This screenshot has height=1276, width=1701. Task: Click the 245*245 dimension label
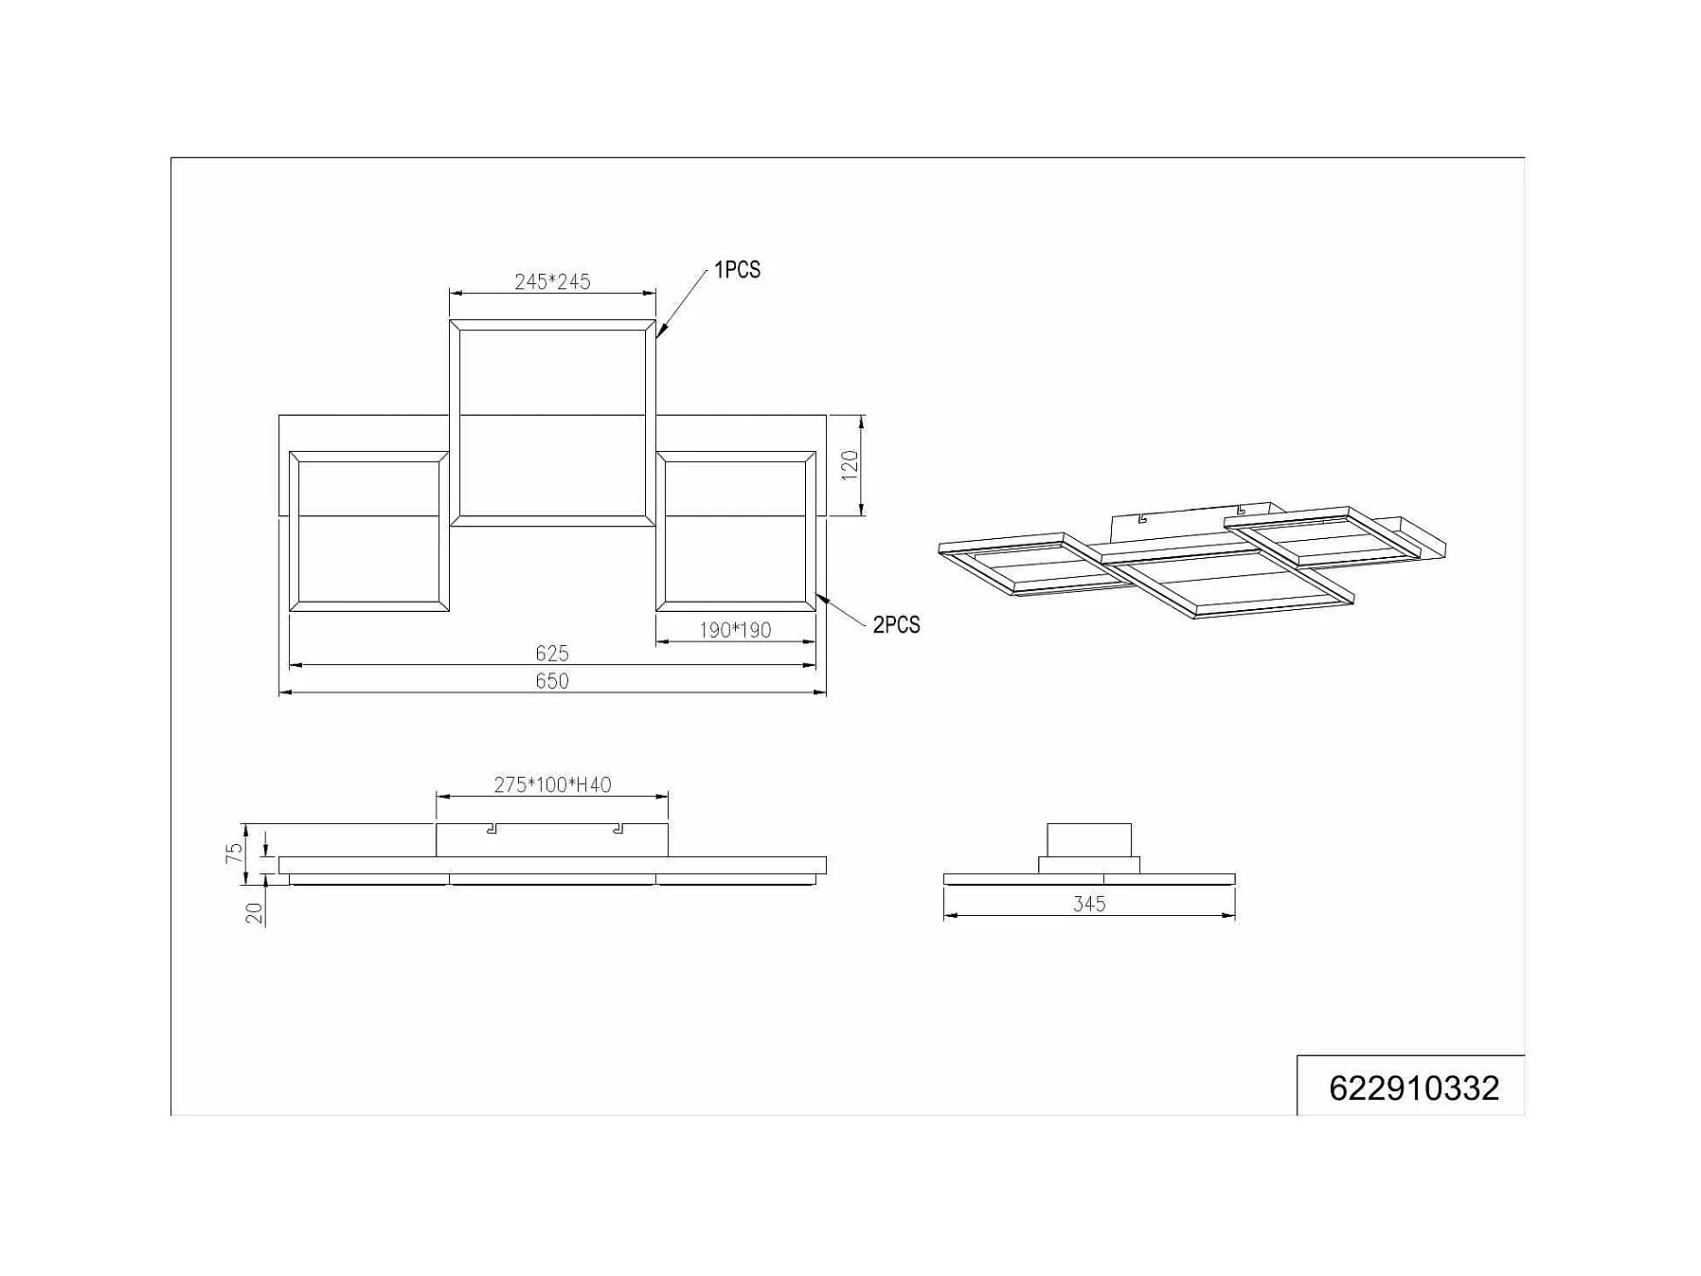point(552,281)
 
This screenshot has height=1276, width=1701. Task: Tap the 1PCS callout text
point(737,270)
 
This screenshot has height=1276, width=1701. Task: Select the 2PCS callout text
point(896,625)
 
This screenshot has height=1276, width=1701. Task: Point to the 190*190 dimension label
point(735,630)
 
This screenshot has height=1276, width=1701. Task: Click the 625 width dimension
point(551,654)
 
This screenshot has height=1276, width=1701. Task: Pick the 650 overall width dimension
point(551,681)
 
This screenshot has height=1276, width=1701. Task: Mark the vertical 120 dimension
point(850,465)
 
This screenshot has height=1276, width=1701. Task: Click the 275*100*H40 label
point(552,784)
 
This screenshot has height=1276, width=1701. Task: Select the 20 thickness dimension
point(254,913)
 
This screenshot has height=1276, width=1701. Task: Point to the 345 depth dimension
point(1089,904)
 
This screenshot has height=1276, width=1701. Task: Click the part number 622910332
point(1413,1088)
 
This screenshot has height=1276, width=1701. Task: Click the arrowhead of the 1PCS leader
point(659,332)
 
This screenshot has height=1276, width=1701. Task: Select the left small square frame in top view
point(368,531)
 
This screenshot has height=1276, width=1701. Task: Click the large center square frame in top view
point(552,422)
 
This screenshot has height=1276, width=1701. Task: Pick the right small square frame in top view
point(736,531)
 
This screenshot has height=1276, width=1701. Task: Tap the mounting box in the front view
point(552,840)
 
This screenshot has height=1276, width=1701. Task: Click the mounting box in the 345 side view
point(1089,839)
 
